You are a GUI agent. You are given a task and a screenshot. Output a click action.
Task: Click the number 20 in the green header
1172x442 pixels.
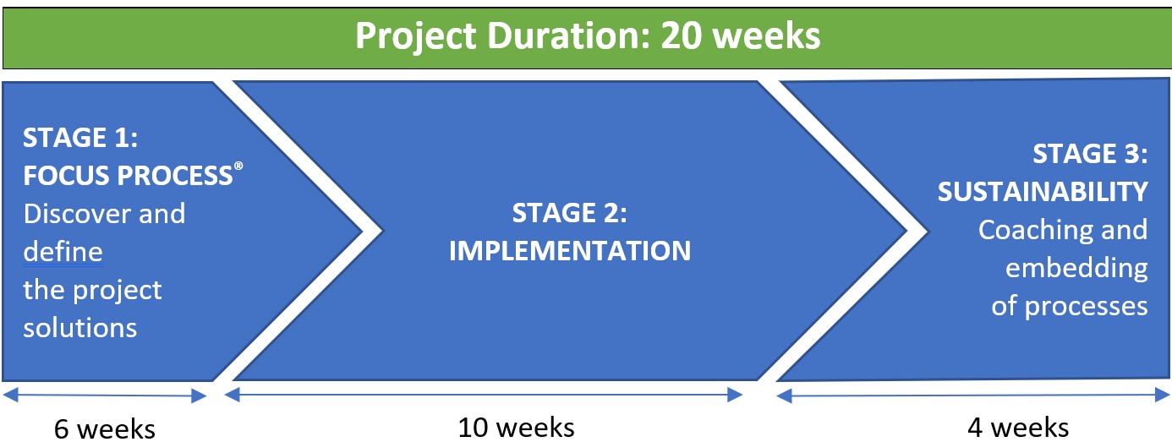pyautogui.click(x=681, y=36)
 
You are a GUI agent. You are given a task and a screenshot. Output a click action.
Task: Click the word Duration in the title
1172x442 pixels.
pyautogui.click(x=567, y=36)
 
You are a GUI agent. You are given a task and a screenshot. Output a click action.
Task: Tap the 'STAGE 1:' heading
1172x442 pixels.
pyautogui.click(x=80, y=138)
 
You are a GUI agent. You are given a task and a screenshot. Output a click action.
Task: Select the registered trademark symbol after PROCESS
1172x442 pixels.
pyautogui.click(x=238, y=166)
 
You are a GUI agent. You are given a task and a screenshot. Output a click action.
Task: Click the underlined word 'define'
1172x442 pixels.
pyautogui.click(x=63, y=252)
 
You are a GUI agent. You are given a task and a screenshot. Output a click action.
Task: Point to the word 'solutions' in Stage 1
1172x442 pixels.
pyautogui.click(x=80, y=328)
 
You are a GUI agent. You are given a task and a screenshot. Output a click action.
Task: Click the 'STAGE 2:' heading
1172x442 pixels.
pyautogui.click(x=569, y=213)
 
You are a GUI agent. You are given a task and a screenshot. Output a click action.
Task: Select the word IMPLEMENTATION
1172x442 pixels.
pyautogui.click(x=570, y=250)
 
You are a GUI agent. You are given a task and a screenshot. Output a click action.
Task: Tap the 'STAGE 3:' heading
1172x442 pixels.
pyautogui.click(x=1090, y=154)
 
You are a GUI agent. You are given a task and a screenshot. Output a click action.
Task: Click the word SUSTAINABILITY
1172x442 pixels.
pyautogui.click(x=1043, y=192)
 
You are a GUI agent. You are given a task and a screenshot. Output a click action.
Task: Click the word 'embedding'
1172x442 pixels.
pyautogui.click(x=1076, y=268)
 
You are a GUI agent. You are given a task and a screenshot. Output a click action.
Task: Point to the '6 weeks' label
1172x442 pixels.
pyautogui.click(x=105, y=429)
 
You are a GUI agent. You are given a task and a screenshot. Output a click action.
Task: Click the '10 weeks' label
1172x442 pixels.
pyautogui.click(x=517, y=428)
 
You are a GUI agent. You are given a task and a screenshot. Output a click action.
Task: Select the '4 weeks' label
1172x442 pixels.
pyautogui.click(x=1018, y=428)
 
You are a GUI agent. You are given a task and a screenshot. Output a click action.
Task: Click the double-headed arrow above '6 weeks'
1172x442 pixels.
pyautogui.click(x=105, y=396)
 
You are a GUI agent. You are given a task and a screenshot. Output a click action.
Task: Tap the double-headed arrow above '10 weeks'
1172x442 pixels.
pyautogui.click(x=484, y=395)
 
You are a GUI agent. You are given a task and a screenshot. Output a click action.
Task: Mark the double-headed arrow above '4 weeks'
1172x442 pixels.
pyautogui.click(x=973, y=396)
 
